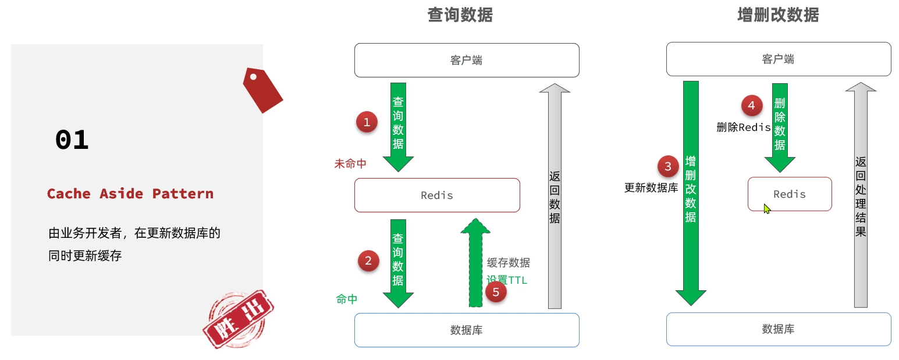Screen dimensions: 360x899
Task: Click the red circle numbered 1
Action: [367, 122]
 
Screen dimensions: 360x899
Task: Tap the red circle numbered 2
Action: [367, 260]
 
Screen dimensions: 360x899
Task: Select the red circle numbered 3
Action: [668, 167]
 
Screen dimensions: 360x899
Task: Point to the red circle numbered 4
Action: [751, 106]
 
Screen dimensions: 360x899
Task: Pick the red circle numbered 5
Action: [496, 292]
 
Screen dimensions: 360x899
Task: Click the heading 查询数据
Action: [460, 15]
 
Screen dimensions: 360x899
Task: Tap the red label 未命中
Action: [350, 164]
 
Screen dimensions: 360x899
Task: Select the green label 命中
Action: [347, 300]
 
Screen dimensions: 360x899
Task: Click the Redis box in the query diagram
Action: [437, 195]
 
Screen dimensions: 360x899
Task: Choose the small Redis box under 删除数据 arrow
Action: [790, 194]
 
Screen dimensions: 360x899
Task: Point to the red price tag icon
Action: [262, 90]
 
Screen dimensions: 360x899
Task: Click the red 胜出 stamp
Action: [239, 319]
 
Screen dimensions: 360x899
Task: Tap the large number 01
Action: [72, 140]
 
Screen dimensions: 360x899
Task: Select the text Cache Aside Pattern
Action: [130, 194]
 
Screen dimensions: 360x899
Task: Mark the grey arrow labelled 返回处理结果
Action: [861, 195]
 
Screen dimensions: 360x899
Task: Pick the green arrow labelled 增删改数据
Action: [691, 192]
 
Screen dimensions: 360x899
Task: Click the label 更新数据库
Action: [651, 188]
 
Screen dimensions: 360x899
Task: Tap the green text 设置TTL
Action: [507, 280]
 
